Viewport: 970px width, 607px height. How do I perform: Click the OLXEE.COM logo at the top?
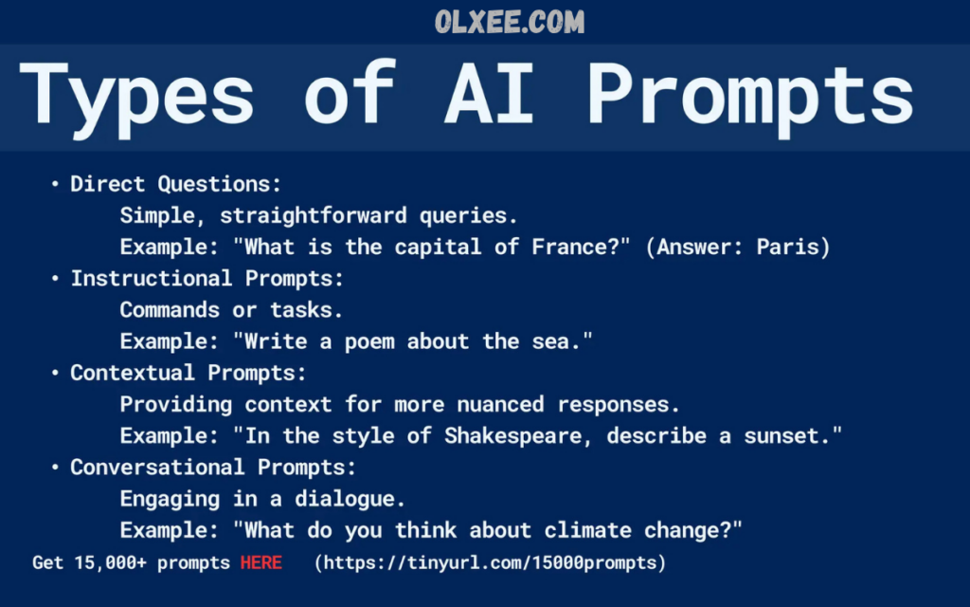pos(509,23)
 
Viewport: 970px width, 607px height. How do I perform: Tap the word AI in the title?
pos(489,93)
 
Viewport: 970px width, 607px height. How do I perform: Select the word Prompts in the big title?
pos(750,98)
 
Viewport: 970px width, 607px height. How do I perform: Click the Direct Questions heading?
pos(175,184)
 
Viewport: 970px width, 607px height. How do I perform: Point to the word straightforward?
pos(313,215)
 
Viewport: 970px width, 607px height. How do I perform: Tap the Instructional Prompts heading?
pos(207,278)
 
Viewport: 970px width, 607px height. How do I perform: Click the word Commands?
pos(170,310)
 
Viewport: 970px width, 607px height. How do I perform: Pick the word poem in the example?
pos(369,341)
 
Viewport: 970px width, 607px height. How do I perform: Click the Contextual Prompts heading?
pos(189,373)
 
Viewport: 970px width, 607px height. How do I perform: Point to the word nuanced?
pos(500,404)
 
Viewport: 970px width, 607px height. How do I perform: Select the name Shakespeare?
pos(512,436)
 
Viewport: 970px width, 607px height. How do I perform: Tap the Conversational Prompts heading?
pos(213,467)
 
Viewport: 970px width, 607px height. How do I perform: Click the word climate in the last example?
pos(587,531)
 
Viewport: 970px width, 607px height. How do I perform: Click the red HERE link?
pos(261,562)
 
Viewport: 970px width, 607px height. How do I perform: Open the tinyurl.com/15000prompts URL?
pos(490,562)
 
